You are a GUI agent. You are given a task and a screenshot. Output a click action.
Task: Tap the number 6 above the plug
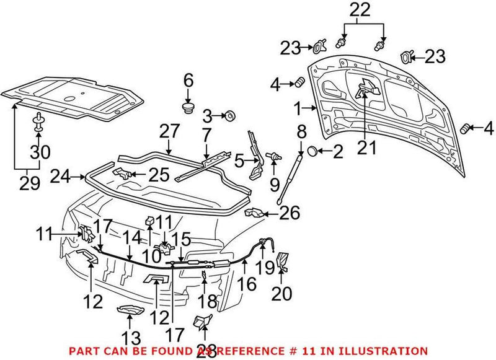(188, 80)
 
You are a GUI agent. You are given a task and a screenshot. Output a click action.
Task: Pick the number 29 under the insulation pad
(29, 184)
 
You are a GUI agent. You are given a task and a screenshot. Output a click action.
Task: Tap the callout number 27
(169, 131)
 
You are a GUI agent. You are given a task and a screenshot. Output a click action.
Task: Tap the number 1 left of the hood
(298, 109)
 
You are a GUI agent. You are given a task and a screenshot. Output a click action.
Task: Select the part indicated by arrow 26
(254, 213)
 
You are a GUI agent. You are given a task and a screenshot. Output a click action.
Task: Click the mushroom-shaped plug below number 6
(188, 110)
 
